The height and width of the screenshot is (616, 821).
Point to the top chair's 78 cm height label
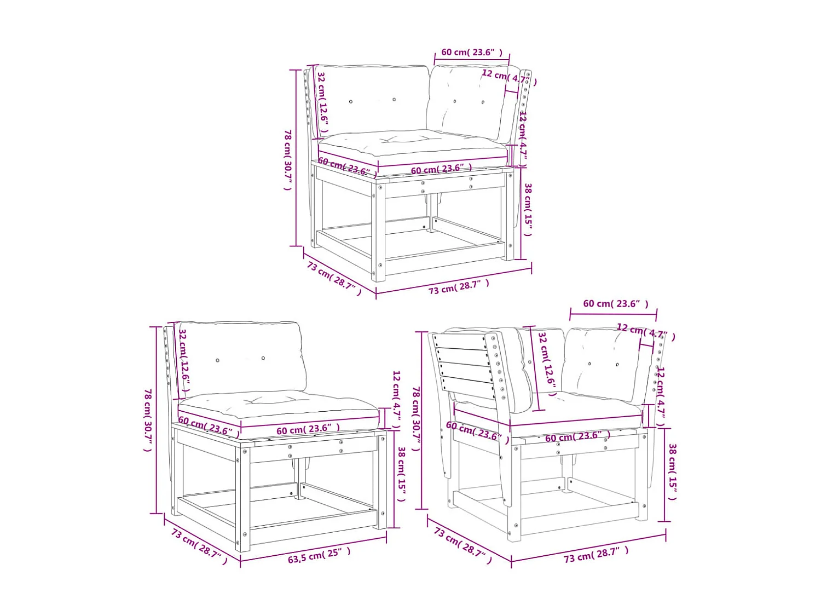click(x=287, y=159)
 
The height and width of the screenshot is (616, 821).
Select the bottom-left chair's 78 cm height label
click(x=147, y=420)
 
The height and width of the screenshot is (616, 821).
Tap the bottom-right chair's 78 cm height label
click(x=416, y=418)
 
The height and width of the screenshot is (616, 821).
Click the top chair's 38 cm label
click(x=528, y=210)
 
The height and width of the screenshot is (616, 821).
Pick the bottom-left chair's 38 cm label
click(x=401, y=474)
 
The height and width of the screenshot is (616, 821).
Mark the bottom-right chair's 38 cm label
click(x=672, y=472)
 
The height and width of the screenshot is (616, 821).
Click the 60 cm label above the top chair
click(x=471, y=52)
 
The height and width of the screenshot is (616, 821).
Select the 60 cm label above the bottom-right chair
click(x=615, y=303)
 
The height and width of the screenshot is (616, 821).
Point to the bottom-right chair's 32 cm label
click(x=547, y=364)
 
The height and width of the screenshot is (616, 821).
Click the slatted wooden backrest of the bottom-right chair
click(x=465, y=364)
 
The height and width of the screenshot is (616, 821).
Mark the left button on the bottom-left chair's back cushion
click(x=217, y=360)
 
